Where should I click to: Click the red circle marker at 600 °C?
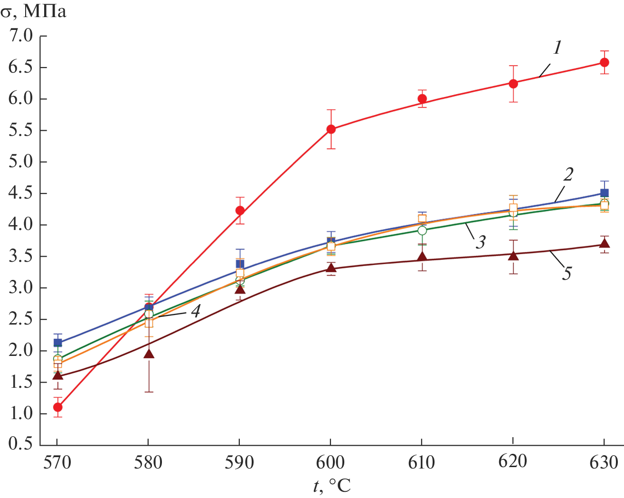(331, 129)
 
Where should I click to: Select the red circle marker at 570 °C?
(57, 407)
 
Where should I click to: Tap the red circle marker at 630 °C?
(604, 62)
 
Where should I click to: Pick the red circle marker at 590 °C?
(240, 211)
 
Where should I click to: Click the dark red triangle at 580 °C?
(149, 354)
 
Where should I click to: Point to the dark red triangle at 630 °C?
(604, 244)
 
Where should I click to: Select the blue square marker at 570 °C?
(57, 343)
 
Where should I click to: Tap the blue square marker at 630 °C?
(604, 193)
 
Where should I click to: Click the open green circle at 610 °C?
(422, 230)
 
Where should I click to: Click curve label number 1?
(558, 48)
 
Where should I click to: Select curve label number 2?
(568, 175)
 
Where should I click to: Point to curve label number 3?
(481, 242)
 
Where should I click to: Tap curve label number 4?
(195, 311)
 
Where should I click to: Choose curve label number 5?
(567, 273)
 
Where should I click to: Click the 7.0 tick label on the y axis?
(20, 36)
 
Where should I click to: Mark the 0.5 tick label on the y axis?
(20, 444)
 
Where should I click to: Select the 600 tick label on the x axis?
(331, 462)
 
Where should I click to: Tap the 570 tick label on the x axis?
(57, 462)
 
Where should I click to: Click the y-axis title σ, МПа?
(33, 11)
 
